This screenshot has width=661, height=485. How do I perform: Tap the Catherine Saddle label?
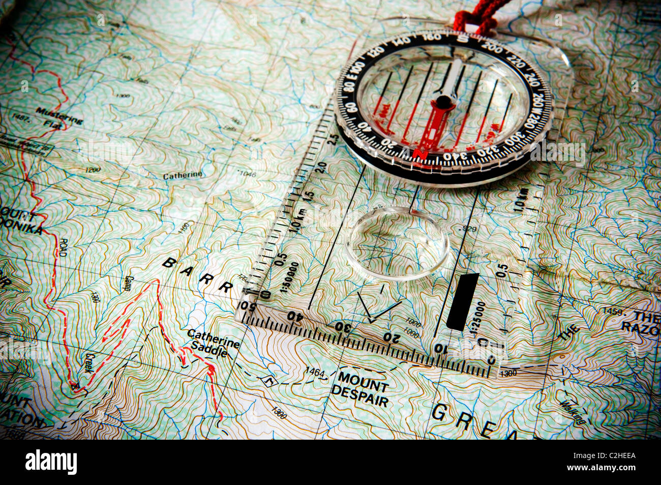(212, 341)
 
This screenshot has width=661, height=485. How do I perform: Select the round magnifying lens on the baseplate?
(397, 243)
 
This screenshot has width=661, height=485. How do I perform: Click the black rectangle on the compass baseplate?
(462, 301)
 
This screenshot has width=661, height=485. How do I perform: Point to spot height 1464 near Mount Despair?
(315, 373)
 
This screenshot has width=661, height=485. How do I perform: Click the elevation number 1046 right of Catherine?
(248, 174)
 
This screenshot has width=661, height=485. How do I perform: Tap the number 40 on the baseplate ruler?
(294, 315)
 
